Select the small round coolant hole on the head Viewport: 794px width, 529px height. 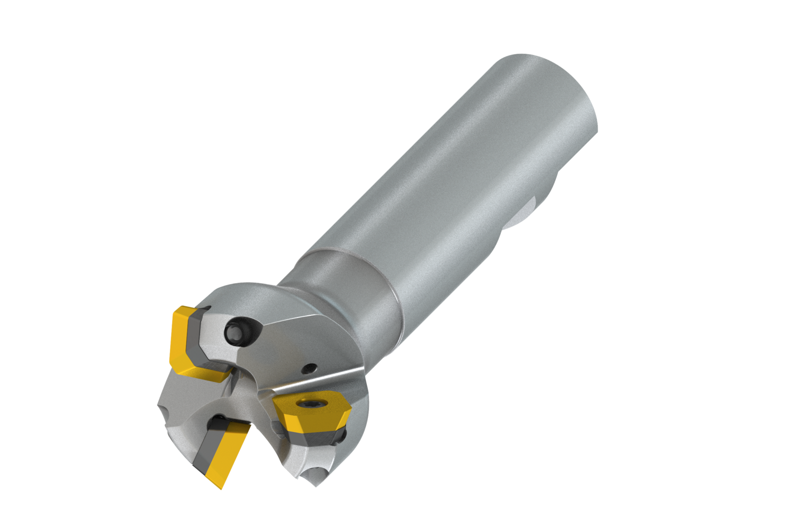pos(308,368)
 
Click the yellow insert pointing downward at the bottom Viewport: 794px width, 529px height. pos(224,455)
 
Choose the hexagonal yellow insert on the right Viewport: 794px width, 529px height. pos(312,413)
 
